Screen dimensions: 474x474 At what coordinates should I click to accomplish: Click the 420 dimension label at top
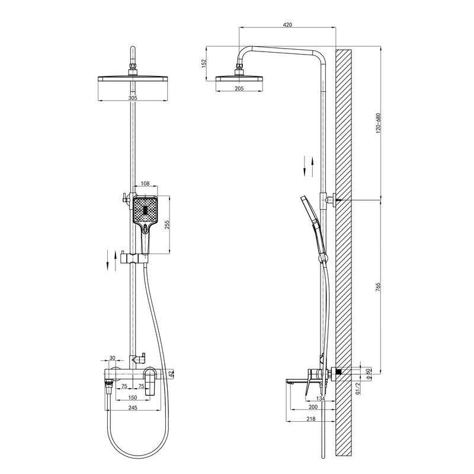pyautogui.click(x=287, y=24)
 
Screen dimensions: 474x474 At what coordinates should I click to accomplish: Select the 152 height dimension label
pyautogui.click(x=204, y=63)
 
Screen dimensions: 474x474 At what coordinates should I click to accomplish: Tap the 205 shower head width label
pyautogui.click(x=239, y=88)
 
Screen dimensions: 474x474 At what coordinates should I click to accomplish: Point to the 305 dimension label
pyautogui.click(x=133, y=98)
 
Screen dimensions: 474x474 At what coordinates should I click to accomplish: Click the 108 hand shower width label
pyautogui.click(x=145, y=184)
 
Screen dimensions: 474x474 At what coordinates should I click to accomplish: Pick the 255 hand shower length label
pyautogui.click(x=168, y=225)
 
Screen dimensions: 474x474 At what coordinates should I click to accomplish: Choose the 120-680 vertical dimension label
pyautogui.click(x=378, y=124)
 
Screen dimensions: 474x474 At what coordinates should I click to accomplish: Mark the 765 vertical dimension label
pyautogui.click(x=378, y=287)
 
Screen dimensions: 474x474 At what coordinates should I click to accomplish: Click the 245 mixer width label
pyautogui.click(x=133, y=408)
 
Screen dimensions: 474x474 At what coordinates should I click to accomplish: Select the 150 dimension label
pyautogui.click(x=133, y=397)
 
